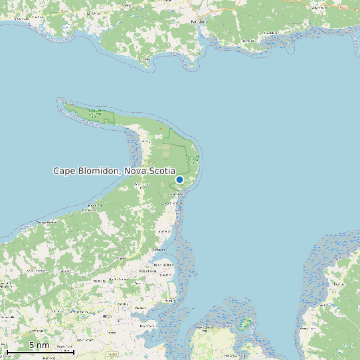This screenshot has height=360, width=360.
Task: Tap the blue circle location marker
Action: tap(179, 179)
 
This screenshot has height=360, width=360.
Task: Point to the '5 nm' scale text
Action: tap(39, 345)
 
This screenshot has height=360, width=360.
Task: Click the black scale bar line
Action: tap(40, 351)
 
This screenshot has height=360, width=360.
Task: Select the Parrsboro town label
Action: tap(199, 21)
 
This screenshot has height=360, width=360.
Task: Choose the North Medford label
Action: tap(161, 264)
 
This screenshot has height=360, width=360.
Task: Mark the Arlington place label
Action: tap(90, 207)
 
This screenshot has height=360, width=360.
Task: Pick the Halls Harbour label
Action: tap(47, 221)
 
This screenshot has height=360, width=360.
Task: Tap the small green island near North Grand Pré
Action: tap(246, 323)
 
